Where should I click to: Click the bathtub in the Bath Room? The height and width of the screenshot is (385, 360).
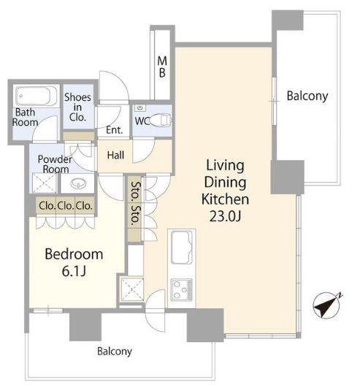point(37,96)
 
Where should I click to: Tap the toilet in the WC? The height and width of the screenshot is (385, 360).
point(161,121)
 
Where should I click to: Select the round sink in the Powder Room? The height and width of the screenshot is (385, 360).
point(78,183)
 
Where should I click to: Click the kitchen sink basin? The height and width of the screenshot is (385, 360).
point(182,247)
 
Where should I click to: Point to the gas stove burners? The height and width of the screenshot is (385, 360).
point(182,290)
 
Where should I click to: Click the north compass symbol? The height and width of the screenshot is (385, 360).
point(327,305)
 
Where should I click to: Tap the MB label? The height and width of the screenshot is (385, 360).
point(162,66)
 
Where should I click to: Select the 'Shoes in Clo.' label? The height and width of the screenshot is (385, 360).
point(77,107)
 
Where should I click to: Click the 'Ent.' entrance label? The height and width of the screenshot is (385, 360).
point(114,130)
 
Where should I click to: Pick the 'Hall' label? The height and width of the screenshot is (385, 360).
point(115,155)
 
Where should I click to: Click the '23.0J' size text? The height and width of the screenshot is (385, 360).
point(226,216)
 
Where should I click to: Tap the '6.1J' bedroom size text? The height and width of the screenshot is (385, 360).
point(74,271)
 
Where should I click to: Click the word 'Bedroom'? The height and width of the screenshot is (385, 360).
point(74,254)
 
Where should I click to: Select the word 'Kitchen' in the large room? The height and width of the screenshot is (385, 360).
point(226,199)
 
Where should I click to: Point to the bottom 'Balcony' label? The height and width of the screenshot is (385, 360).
point(115,351)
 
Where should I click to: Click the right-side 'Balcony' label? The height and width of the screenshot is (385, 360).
point(307,96)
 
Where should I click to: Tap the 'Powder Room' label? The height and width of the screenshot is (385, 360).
point(55,164)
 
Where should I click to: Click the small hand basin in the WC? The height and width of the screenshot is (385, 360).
point(140,108)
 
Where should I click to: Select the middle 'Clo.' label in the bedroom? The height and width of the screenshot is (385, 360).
point(66,205)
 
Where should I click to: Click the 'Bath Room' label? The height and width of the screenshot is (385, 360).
point(26,117)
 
